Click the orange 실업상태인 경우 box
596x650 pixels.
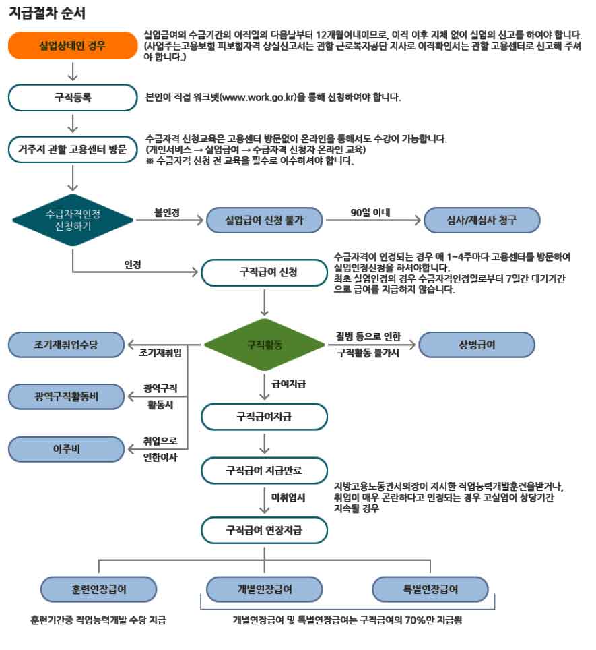(73, 46)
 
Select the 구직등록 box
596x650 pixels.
(73, 97)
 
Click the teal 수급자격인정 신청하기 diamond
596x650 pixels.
(73, 220)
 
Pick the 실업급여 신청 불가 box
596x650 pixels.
(265, 220)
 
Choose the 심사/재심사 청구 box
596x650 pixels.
(482, 220)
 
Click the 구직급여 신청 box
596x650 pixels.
(265, 272)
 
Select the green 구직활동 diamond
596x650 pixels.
(265, 345)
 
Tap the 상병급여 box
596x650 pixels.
(476, 345)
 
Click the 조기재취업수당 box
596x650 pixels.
(66, 345)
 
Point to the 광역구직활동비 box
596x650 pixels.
(66, 396)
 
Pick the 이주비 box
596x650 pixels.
(66, 448)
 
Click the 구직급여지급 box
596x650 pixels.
(265, 417)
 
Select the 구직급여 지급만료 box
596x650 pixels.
(265, 470)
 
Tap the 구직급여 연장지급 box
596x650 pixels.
(265, 531)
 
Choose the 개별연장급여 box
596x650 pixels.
(265, 589)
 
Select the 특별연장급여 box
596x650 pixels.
(430, 589)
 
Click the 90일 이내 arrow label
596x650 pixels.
(371, 213)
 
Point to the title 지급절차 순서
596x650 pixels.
(47, 13)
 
